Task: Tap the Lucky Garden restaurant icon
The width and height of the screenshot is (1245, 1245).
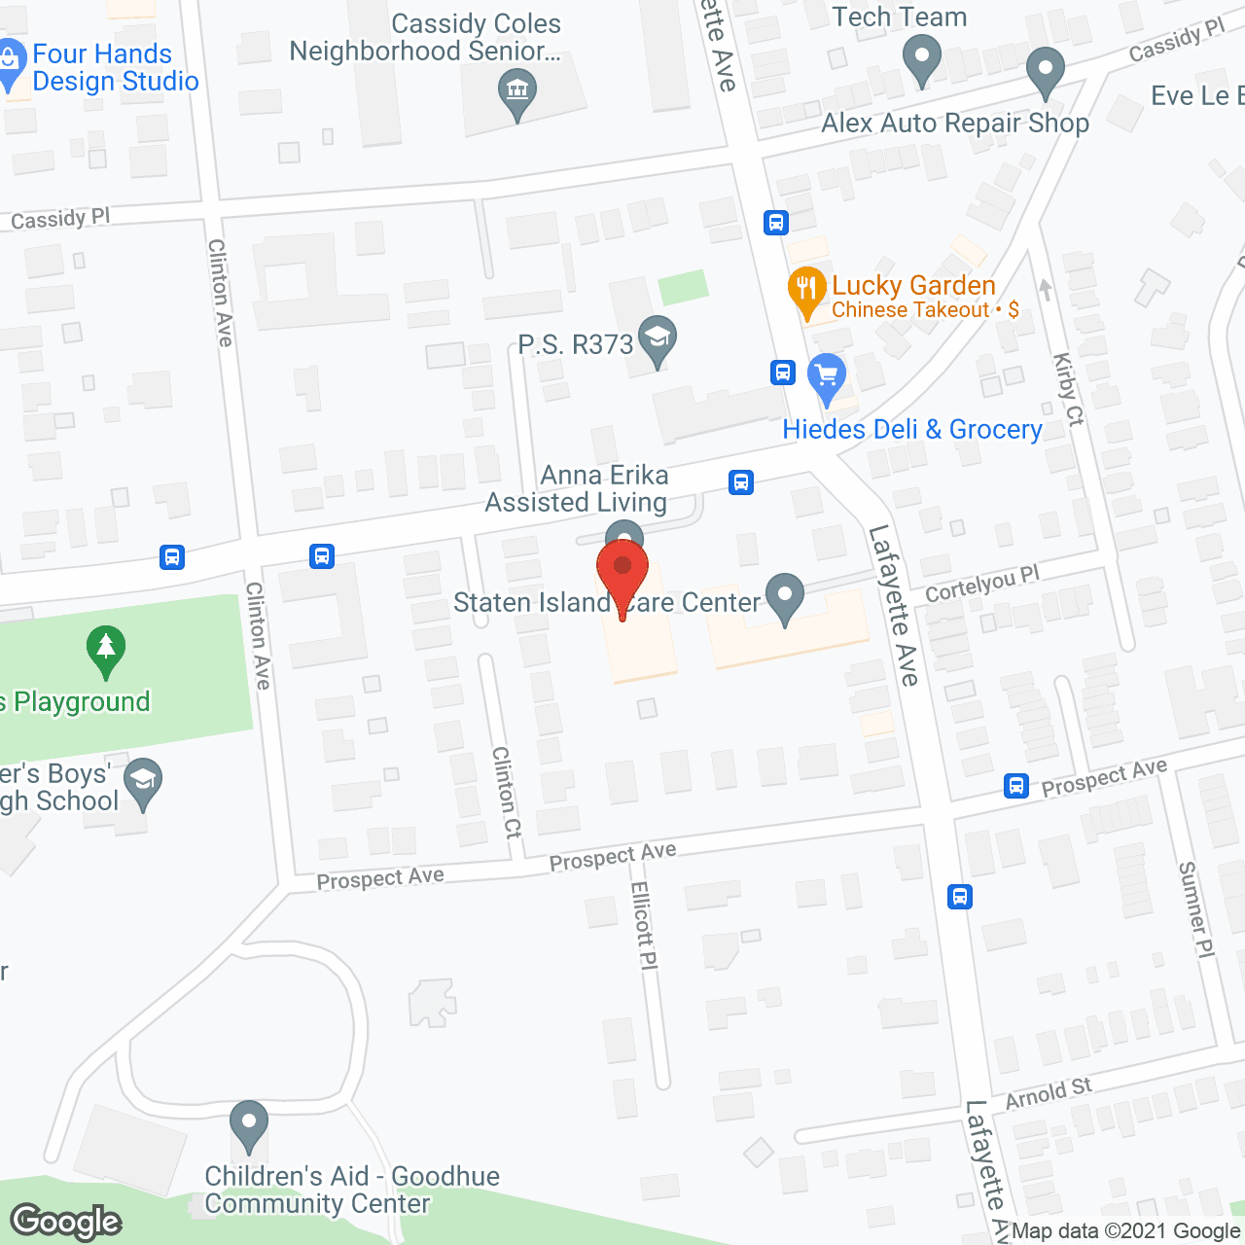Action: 806,289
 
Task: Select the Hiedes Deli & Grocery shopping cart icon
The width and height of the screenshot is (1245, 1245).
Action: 827,374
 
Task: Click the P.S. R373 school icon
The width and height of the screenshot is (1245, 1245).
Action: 658,338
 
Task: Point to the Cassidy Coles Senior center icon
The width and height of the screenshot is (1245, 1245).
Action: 517,93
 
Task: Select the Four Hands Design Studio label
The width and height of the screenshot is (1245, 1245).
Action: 115,68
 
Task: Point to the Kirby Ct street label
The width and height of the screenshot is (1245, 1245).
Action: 1068,389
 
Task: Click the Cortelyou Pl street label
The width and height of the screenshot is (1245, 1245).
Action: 981,585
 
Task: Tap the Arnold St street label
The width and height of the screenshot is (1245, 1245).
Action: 1049,1093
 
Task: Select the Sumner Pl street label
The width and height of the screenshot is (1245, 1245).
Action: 1195,909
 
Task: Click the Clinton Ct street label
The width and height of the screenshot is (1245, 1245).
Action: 507,792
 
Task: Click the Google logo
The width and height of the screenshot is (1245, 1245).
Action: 66,1222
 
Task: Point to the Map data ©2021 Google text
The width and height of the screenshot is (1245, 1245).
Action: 1125,1231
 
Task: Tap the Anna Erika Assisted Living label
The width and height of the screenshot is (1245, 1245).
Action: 577,488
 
